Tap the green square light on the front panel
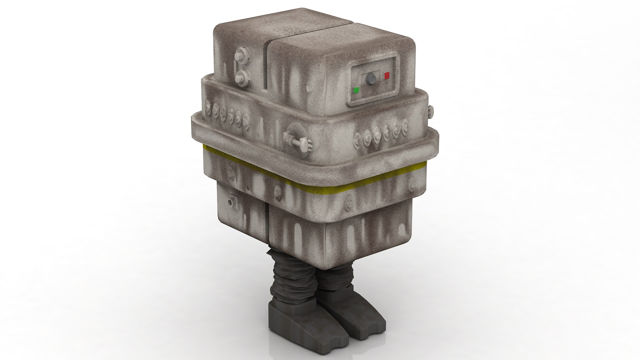tap(356, 90)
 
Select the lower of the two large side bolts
tap(239, 79)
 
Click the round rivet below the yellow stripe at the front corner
tap(277, 191)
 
